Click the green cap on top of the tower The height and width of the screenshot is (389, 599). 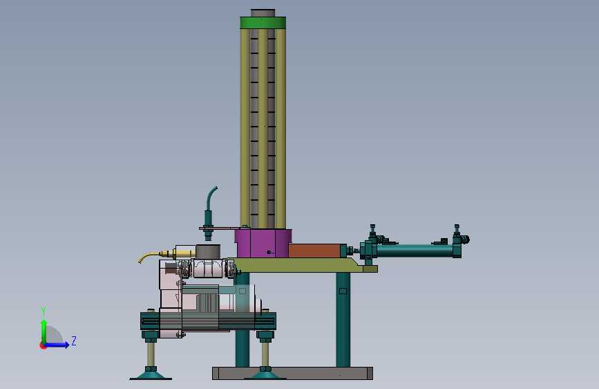[x=263, y=23]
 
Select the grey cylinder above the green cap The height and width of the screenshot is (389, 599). [x=263, y=13]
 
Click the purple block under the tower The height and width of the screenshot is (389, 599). [x=263, y=244]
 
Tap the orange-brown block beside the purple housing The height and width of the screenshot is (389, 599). [x=314, y=251]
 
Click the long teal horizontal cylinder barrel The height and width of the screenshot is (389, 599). [x=414, y=251]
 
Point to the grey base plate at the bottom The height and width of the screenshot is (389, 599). [x=292, y=373]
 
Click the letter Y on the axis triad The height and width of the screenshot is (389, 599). [x=44, y=311]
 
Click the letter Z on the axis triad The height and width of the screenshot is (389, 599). [x=74, y=341]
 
